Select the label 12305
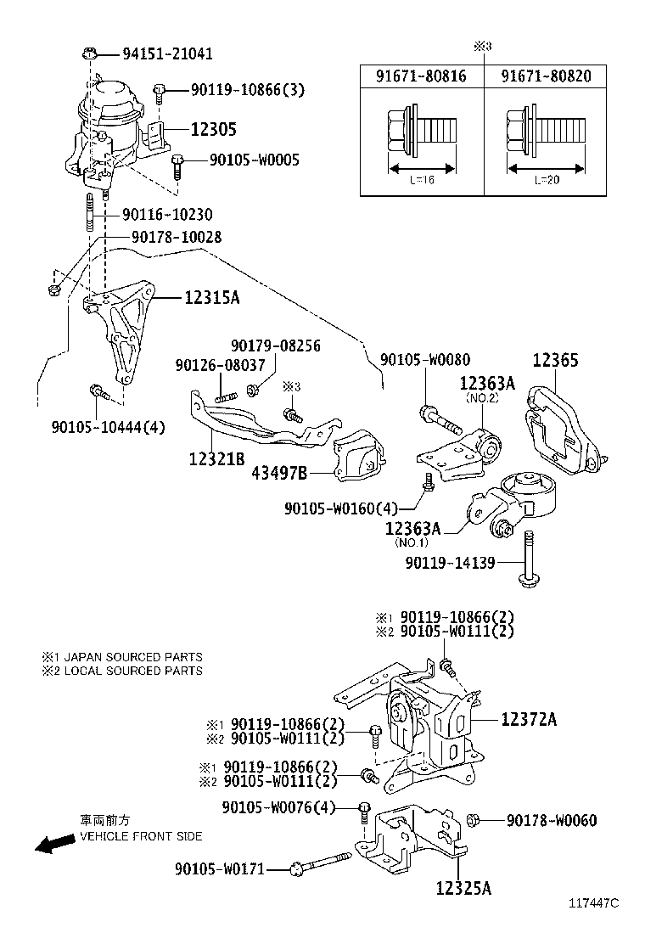pos(213,129)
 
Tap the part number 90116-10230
pos(167,215)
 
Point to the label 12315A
pos(210,297)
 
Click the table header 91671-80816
pos(421,76)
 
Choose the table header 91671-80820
pos(546,76)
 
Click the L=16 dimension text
pos(422,181)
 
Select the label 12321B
pos(216,458)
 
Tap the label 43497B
pos(279,473)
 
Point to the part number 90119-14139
pos(450,562)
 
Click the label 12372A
pos(529,719)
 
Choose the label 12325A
pos(463,889)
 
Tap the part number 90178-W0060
pos(552,820)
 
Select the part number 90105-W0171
pos(220,868)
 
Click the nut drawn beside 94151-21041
pos(90,53)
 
